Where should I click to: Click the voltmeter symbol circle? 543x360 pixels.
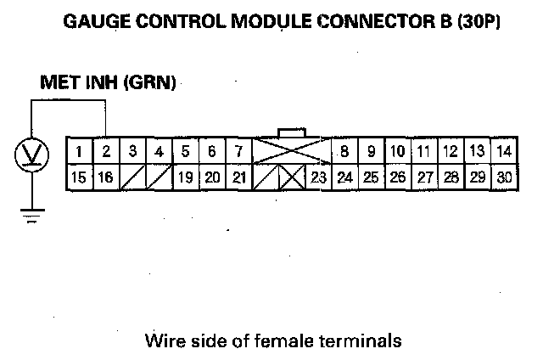tap(31, 155)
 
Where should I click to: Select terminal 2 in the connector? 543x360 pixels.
tap(107, 152)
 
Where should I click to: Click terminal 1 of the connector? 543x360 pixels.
tap(79, 152)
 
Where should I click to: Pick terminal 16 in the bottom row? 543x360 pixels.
tap(107, 177)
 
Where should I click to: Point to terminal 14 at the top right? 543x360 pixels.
tap(503, 152)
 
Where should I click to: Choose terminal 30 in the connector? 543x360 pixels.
tap(503, 177)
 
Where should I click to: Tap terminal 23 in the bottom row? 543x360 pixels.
tap(318, 177)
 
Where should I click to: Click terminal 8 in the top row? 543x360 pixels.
tap(345, 152)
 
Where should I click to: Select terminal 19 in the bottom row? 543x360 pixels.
tap(186, 177)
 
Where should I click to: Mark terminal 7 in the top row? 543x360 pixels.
tap(238, 152)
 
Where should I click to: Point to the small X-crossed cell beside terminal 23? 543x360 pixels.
tap(292, 178)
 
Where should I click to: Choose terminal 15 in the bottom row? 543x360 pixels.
tap(79, 177)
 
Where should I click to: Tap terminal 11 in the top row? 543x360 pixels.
tap(423, 152)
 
